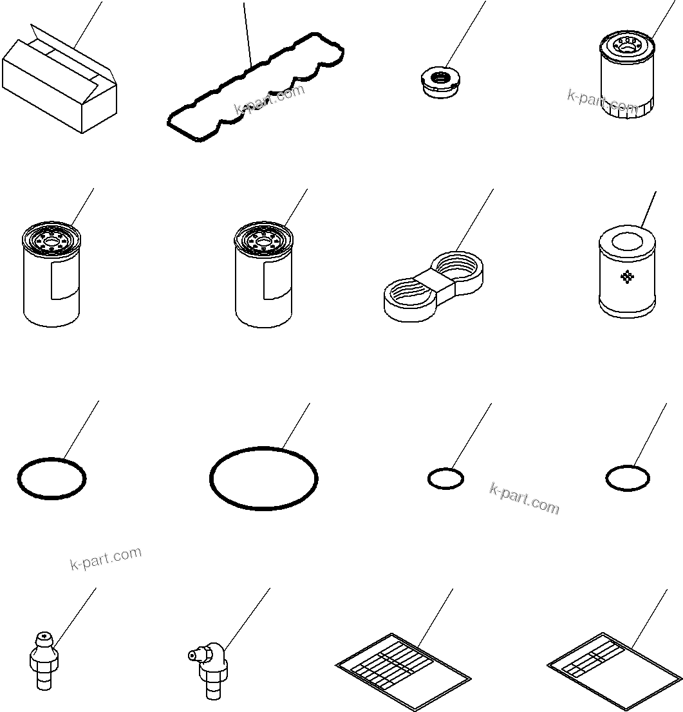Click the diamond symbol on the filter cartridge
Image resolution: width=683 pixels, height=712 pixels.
point(626,277)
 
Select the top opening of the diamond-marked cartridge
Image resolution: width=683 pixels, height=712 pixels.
point(627,242)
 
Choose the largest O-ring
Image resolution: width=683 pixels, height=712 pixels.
point(263,478)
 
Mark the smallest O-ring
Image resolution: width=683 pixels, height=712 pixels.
point(445,478)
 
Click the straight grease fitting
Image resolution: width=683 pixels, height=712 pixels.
point(44,660)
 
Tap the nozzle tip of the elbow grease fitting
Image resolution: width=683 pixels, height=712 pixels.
point(191,655)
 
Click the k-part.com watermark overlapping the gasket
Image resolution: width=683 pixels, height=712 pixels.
point(270,100)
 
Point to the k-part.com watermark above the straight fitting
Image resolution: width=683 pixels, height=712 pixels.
point(106,558)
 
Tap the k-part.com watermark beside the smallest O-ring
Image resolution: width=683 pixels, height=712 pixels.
point(524,499)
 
